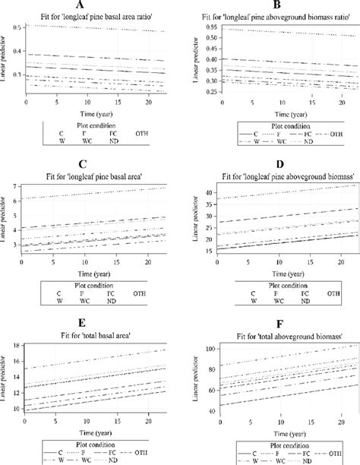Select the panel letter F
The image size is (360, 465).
tap(268, 323)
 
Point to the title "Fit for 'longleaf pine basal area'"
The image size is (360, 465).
tap(90, 175)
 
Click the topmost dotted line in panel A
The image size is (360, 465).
tap(99, 28)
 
